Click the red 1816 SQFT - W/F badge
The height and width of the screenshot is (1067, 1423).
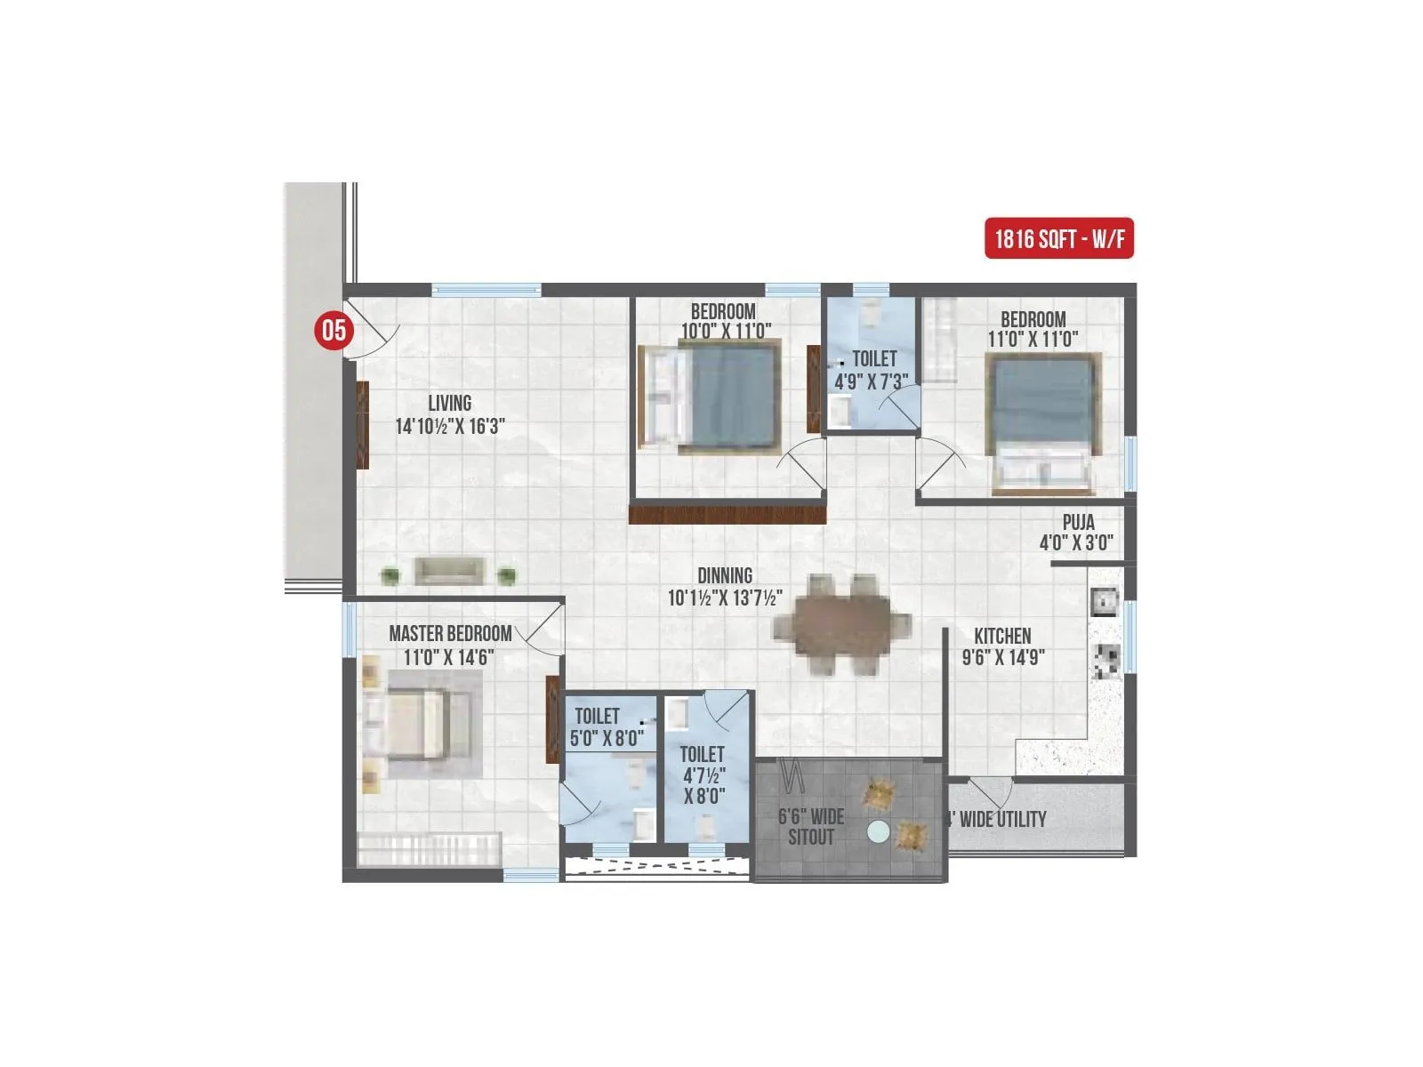pos(1058,238)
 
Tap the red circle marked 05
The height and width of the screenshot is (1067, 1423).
pos(334,331)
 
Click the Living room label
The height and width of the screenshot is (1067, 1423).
pos(449,403)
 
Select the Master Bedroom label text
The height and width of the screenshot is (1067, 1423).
pos(450,634)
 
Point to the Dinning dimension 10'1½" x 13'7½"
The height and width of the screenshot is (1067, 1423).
pos(725,598)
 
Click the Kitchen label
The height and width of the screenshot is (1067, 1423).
pos(1002,636)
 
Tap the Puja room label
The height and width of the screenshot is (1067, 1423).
pos(1078,523)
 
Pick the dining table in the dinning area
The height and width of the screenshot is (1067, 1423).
pos(841,625)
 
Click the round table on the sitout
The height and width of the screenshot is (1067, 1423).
pos(879,831)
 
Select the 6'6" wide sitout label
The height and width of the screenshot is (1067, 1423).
pos(810,826)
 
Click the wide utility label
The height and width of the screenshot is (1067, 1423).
pos(998,819)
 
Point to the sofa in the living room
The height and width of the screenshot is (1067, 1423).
pos(449,571)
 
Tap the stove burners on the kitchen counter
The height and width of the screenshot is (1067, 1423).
pos(1105,659)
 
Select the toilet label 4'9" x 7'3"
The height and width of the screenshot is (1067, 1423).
pos(872,370)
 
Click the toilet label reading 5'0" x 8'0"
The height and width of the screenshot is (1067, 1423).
pos(607,726)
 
